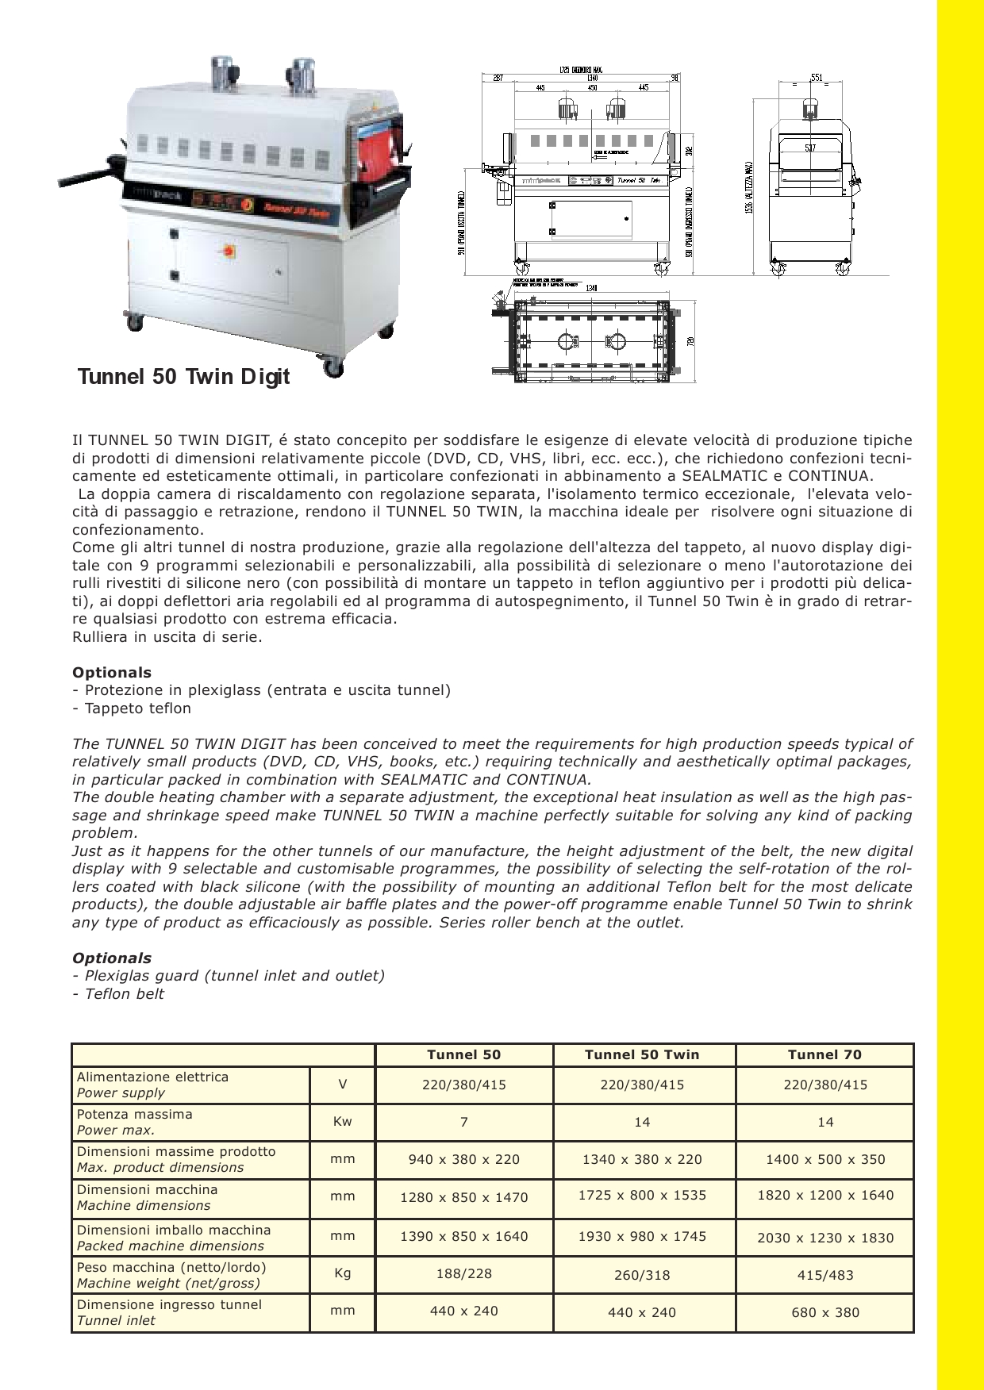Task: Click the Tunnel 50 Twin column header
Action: click(x=642, y=1054)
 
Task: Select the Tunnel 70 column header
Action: click(x=824, y=1054)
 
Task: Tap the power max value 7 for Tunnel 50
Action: click(x=464, y=1122)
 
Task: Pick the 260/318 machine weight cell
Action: click(x=642, y=1276)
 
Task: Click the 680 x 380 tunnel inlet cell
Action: click(x=825, y=1312)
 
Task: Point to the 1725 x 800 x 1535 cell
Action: click(x=642, y=1196)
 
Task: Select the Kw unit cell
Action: click(x=342, y=1122)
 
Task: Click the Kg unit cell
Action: click(x=342, y=1273)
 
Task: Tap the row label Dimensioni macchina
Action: click(x=147, y=1190)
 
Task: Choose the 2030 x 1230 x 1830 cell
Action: click(x=825, y=1238)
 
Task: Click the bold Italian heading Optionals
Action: click(x=112, y=672)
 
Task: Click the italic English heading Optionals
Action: click(x=112, y=958)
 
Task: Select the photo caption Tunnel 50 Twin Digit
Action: click(x=183, y=376)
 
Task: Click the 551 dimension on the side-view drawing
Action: click(x=817, y=78)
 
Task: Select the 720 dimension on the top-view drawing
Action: click(x=690, y=341)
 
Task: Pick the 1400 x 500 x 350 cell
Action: click(x=825, y=1159)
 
